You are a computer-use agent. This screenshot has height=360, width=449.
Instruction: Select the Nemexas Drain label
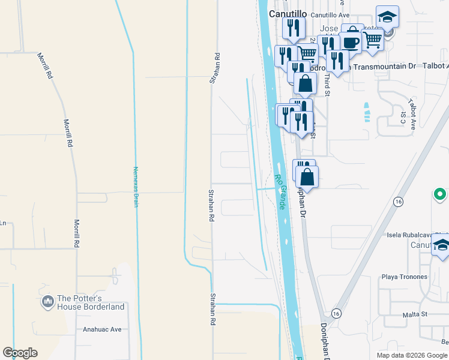136,187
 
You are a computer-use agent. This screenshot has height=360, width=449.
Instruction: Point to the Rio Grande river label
280,191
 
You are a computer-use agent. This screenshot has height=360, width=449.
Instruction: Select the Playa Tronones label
405,277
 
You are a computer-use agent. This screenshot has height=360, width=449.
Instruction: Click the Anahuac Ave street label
102,329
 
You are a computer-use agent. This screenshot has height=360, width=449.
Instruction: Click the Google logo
20,352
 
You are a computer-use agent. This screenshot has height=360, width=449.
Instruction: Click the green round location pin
440,195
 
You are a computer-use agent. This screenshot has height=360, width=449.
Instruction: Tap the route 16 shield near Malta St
335,314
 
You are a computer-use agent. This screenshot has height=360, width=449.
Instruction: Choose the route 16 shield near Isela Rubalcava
397,203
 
